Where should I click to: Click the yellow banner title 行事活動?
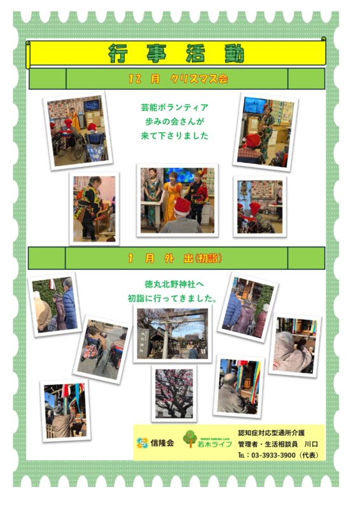[x=176, y=53]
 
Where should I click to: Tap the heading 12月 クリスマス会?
[x=178, y=79]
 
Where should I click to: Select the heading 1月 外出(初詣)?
[x=176, y=258]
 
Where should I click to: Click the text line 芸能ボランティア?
[x=175, y=108]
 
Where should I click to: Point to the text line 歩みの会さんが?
[x=175, y=122]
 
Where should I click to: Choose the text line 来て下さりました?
[x=175, y=136]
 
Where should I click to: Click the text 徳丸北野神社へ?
[x=174, y=284]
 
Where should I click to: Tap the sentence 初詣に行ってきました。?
[x=172, y=298]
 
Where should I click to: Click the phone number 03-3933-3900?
[x=273, y=455]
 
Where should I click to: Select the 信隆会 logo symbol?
[x=142, y=443]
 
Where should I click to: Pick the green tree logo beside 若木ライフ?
[x=190, y=438]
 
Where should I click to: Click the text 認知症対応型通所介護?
[x=272, y=433]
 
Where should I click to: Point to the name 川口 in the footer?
[x=311, y=443]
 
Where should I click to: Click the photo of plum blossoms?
[x=174, y=393]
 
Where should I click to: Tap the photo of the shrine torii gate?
[x=172, y=333]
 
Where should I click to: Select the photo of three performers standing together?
[x=177, y=200]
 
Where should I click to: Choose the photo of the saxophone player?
[x=265, y=132]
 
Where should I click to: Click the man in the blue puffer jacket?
[x=69, y=303]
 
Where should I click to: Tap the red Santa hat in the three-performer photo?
[x=183, y=205]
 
